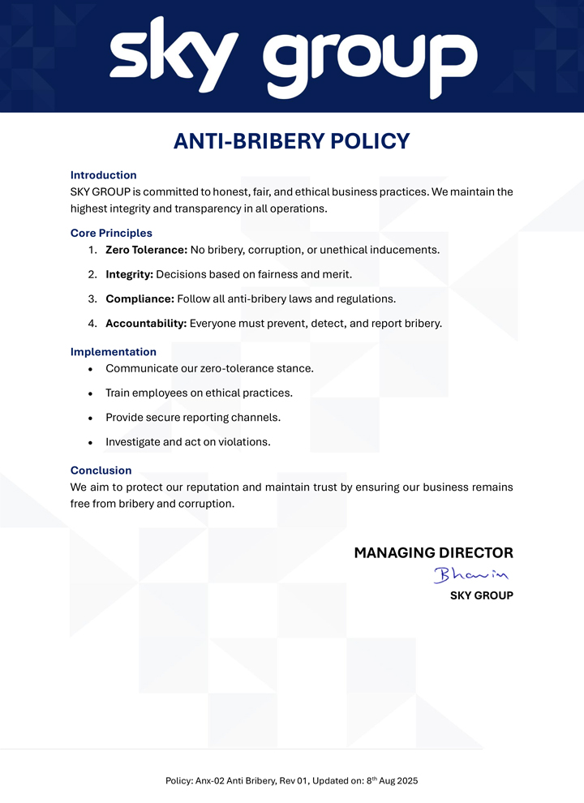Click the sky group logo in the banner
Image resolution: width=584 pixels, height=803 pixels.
coord(293,57)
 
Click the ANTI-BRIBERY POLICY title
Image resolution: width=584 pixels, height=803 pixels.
coord(292,141)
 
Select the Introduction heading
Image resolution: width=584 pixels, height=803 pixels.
coord(103,175)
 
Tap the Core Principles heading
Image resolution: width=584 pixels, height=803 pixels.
coord(111,234)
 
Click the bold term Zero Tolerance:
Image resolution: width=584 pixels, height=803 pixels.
coord(146,250)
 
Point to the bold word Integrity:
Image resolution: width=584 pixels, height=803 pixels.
coord(129,274)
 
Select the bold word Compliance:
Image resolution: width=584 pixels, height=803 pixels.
coord(140,298)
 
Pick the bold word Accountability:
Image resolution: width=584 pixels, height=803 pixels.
coord(146,324)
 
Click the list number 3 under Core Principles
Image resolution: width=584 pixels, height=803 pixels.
coord(92,298)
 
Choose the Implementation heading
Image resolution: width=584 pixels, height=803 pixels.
coord(113,352)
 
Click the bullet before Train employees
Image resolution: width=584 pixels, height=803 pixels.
coord(91,393)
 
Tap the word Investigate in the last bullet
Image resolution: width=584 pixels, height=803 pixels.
coord(132,442)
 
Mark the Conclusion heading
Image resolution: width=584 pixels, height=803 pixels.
coord(101,470)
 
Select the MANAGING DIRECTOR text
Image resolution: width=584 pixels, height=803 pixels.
coord(433,553)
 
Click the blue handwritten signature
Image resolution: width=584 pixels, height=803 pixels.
coord(470,575)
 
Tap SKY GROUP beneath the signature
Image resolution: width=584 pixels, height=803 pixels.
coord(481,595)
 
